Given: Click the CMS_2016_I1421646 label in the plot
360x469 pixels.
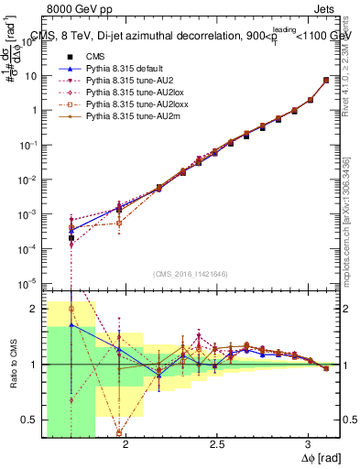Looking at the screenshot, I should click(191, 274).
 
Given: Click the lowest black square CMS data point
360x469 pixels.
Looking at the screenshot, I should click(71, 238).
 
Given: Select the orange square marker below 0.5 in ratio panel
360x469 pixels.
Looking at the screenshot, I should click(119, 432).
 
